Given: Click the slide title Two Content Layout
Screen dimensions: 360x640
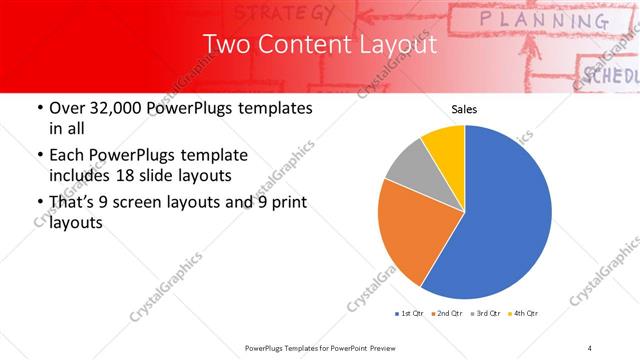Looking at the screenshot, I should pyautogui.click(x=319, y=45).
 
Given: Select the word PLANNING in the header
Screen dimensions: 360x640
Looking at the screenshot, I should pyautogui.click(x=542, y=20).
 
